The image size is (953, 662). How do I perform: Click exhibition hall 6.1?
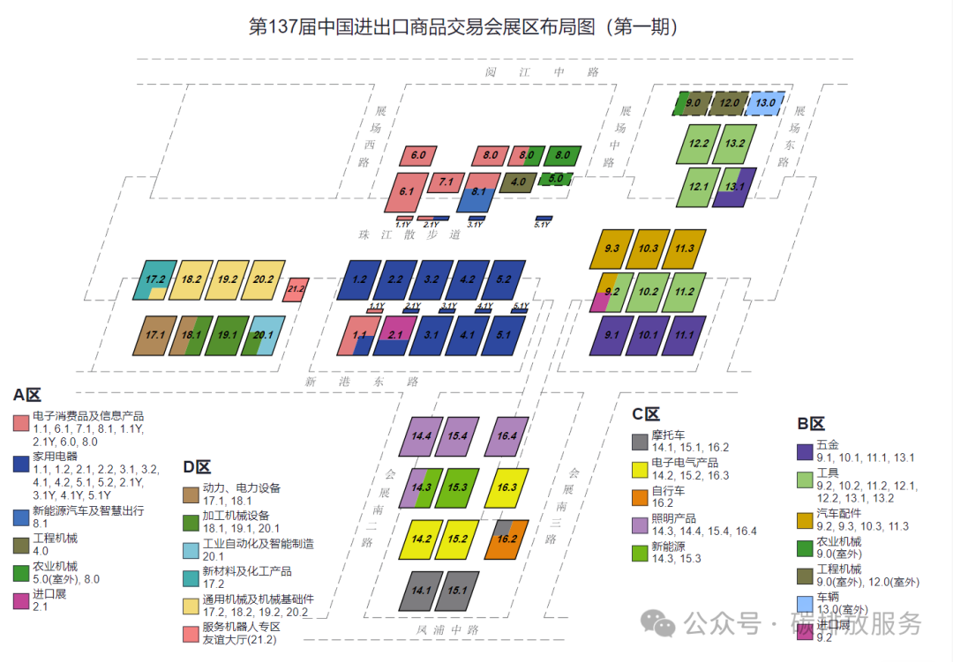pos(406,191)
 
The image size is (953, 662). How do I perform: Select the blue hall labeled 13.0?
pos(764,103)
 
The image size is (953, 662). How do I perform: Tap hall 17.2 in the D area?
pos(156,279)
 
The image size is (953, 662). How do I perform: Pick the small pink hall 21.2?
pos(296,288)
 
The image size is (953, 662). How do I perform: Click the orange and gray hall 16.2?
pos(507,539)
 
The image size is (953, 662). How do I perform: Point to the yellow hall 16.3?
pos(507,487)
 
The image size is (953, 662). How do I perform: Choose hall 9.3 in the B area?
pos(612,249)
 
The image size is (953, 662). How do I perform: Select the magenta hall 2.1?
pos(395,335)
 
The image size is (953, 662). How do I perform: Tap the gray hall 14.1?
pos(421,591)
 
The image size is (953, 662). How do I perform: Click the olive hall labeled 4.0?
pos(518,182)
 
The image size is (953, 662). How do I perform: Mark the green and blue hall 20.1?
pos(263,335)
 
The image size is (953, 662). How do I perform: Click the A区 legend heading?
pos(26,396)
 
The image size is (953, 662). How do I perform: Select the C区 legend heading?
pos(646,414)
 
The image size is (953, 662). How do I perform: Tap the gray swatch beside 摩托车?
pos(640,442)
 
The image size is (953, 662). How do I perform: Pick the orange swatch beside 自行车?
pos(640,497)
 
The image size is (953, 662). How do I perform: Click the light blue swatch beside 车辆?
pos(805,603)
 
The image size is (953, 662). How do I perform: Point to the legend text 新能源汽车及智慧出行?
pos(88,510)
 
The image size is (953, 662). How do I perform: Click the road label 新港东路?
pos(362,383)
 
